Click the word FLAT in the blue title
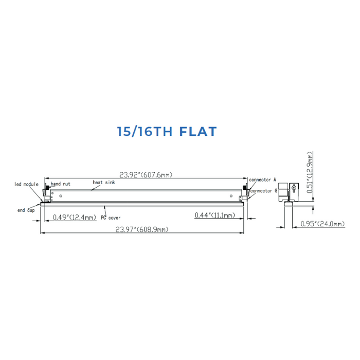coord(199,131)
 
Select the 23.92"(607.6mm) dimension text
coord(143,175)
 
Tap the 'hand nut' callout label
coord(60,184)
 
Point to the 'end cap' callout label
coord(26,210)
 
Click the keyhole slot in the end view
coord(293,188)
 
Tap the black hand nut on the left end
coord(47,186)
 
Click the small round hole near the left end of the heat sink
coord(58,195)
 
